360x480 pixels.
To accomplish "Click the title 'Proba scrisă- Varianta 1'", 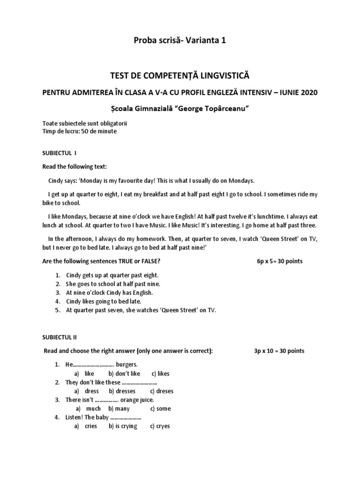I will pos(180,41).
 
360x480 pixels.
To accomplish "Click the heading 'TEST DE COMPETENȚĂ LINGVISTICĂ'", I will pos(180,75).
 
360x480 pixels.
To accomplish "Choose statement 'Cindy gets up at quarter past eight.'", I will pos(112,275).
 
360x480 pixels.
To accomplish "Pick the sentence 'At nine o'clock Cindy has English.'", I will pos(110,292).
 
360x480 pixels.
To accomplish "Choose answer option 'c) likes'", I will pos(160,374).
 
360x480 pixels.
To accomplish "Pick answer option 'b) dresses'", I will pos(122,391).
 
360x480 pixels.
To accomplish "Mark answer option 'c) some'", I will pos(160,408).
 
